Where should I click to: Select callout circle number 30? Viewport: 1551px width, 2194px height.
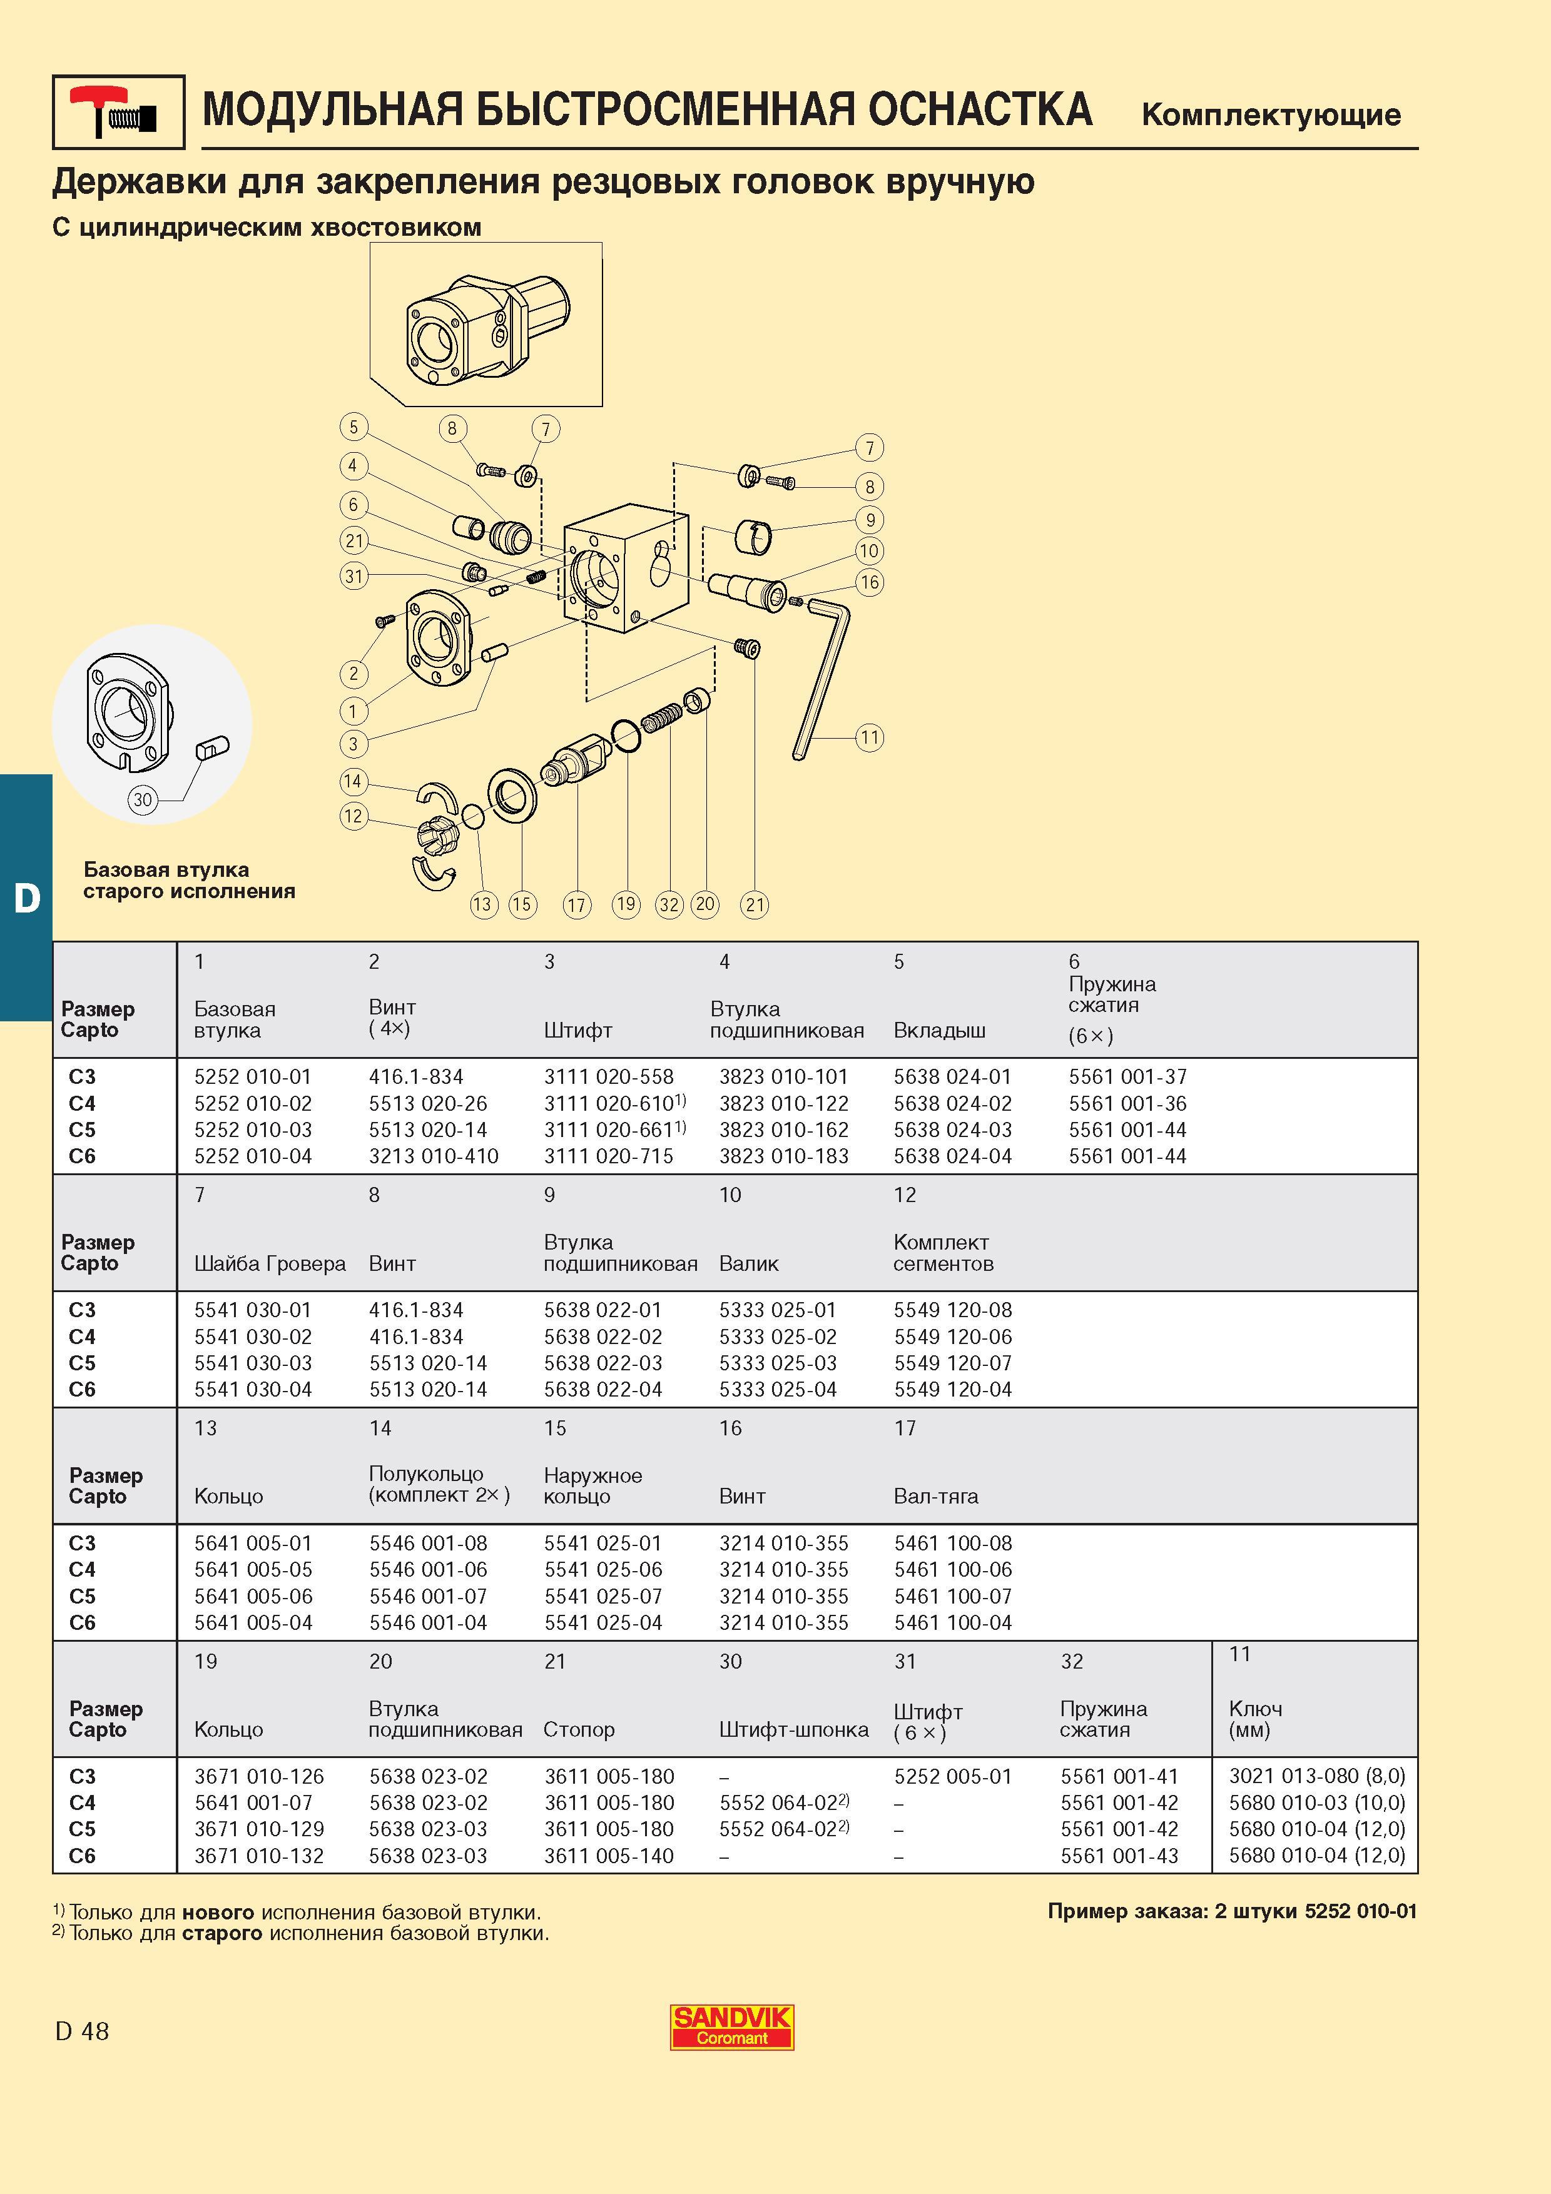pos(143,800)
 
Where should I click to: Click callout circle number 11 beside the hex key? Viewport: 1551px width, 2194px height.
pos(868,737)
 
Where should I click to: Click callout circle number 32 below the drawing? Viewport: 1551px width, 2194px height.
pos(669,905)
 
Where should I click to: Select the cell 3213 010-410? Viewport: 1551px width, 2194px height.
pos(434,1156)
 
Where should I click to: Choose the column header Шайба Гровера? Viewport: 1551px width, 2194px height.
pos(270,1263)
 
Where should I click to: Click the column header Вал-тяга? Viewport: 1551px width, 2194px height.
pos(935,1497)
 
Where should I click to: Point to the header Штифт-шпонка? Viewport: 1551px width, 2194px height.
pos(794,1729)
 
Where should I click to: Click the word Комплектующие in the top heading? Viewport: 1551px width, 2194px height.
pos(1271,114)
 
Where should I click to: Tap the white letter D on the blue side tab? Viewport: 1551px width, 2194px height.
pos(27,897)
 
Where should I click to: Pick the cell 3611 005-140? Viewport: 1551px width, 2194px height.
pos(609,1856)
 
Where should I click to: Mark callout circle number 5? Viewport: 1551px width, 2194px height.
pos(353,427)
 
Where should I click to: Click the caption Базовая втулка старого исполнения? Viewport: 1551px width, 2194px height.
pos(189,880)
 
